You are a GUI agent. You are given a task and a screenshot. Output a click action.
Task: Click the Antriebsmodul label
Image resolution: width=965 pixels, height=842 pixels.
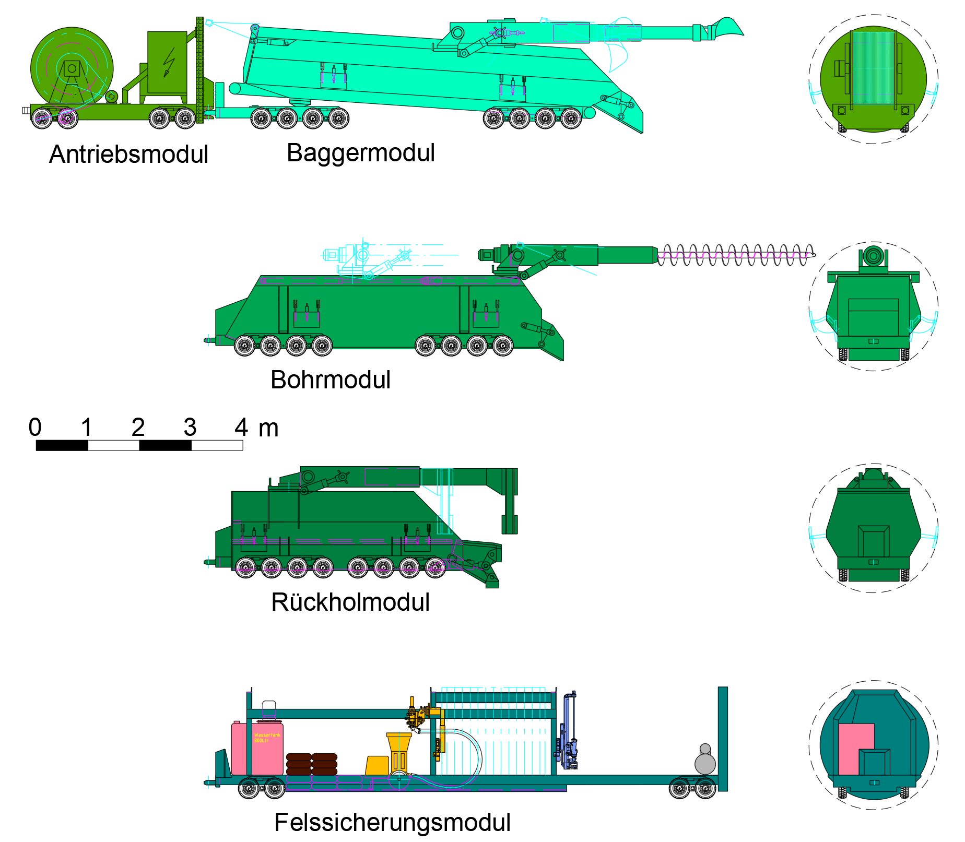pos(128,155)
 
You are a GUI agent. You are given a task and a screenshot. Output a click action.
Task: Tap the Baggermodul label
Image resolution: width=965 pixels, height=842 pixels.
pos(360,153)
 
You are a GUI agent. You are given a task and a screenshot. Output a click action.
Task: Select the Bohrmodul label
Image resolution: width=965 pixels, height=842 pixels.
pos(330,380)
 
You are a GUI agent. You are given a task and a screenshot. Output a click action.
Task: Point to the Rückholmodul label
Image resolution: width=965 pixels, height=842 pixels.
pos(350,602)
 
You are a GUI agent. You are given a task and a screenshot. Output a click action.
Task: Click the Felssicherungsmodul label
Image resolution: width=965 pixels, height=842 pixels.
pos(392,823)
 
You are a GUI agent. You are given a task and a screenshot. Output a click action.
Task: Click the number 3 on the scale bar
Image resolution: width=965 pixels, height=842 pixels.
pos(190,428)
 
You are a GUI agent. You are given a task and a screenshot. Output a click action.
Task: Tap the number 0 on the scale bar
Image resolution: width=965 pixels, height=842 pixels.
pos(35,428)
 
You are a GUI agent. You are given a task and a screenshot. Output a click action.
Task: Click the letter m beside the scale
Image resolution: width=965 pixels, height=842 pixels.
pos(268,429)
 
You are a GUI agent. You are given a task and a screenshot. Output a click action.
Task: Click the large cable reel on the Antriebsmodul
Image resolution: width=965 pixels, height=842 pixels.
pos(72,68)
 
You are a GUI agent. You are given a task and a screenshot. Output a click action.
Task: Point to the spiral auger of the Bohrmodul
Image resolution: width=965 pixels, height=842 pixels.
pos(734,255)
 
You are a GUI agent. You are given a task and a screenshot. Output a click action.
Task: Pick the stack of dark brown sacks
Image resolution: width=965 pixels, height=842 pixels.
pos(312,764)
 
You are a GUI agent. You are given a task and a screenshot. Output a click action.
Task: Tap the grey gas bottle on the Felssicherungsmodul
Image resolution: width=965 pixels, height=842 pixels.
pos(705,761)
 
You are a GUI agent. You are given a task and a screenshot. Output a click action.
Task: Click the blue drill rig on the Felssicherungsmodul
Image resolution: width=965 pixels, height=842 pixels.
pos(568,731)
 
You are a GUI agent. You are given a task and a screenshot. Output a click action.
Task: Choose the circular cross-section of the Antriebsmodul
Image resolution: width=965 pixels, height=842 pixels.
pos(873,78)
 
